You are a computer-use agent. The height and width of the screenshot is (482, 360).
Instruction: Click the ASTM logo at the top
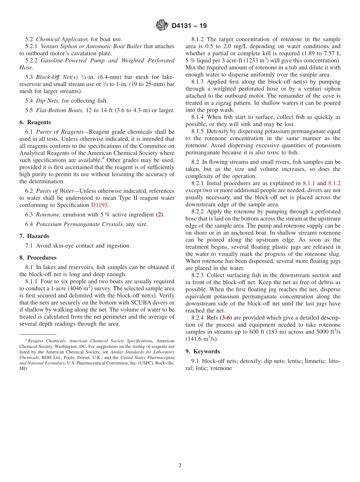pos(161,25)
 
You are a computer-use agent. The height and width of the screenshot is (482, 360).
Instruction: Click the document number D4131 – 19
pos(189,26)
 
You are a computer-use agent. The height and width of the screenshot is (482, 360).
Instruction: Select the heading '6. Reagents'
pos(35,122)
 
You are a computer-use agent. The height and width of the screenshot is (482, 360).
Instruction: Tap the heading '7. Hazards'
pos(34,236)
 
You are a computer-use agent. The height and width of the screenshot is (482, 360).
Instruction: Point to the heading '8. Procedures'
pos(38,258)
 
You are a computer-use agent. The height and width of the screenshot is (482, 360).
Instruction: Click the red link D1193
pos(99,205)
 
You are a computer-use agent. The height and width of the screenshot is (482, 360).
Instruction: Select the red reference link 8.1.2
pos(334,183)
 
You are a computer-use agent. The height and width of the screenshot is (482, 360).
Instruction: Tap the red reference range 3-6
pos(226,318)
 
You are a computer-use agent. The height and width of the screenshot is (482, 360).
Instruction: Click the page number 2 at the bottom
pos(180,466)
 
